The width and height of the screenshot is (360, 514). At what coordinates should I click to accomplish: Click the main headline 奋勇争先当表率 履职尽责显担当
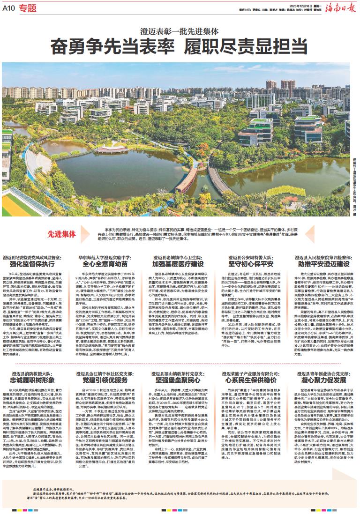[180, 45]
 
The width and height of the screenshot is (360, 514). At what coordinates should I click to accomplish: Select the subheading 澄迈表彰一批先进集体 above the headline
[180, 31]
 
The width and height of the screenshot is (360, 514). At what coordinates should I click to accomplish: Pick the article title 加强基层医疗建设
[180, 263]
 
